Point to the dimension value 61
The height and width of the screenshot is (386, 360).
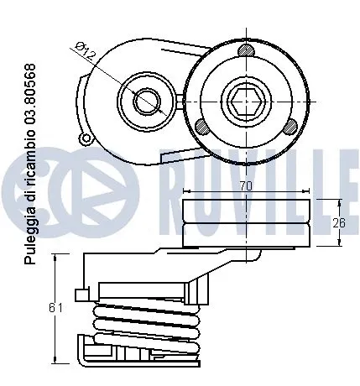point(56,308)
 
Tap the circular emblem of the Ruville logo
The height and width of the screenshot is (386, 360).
point(68,175)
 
